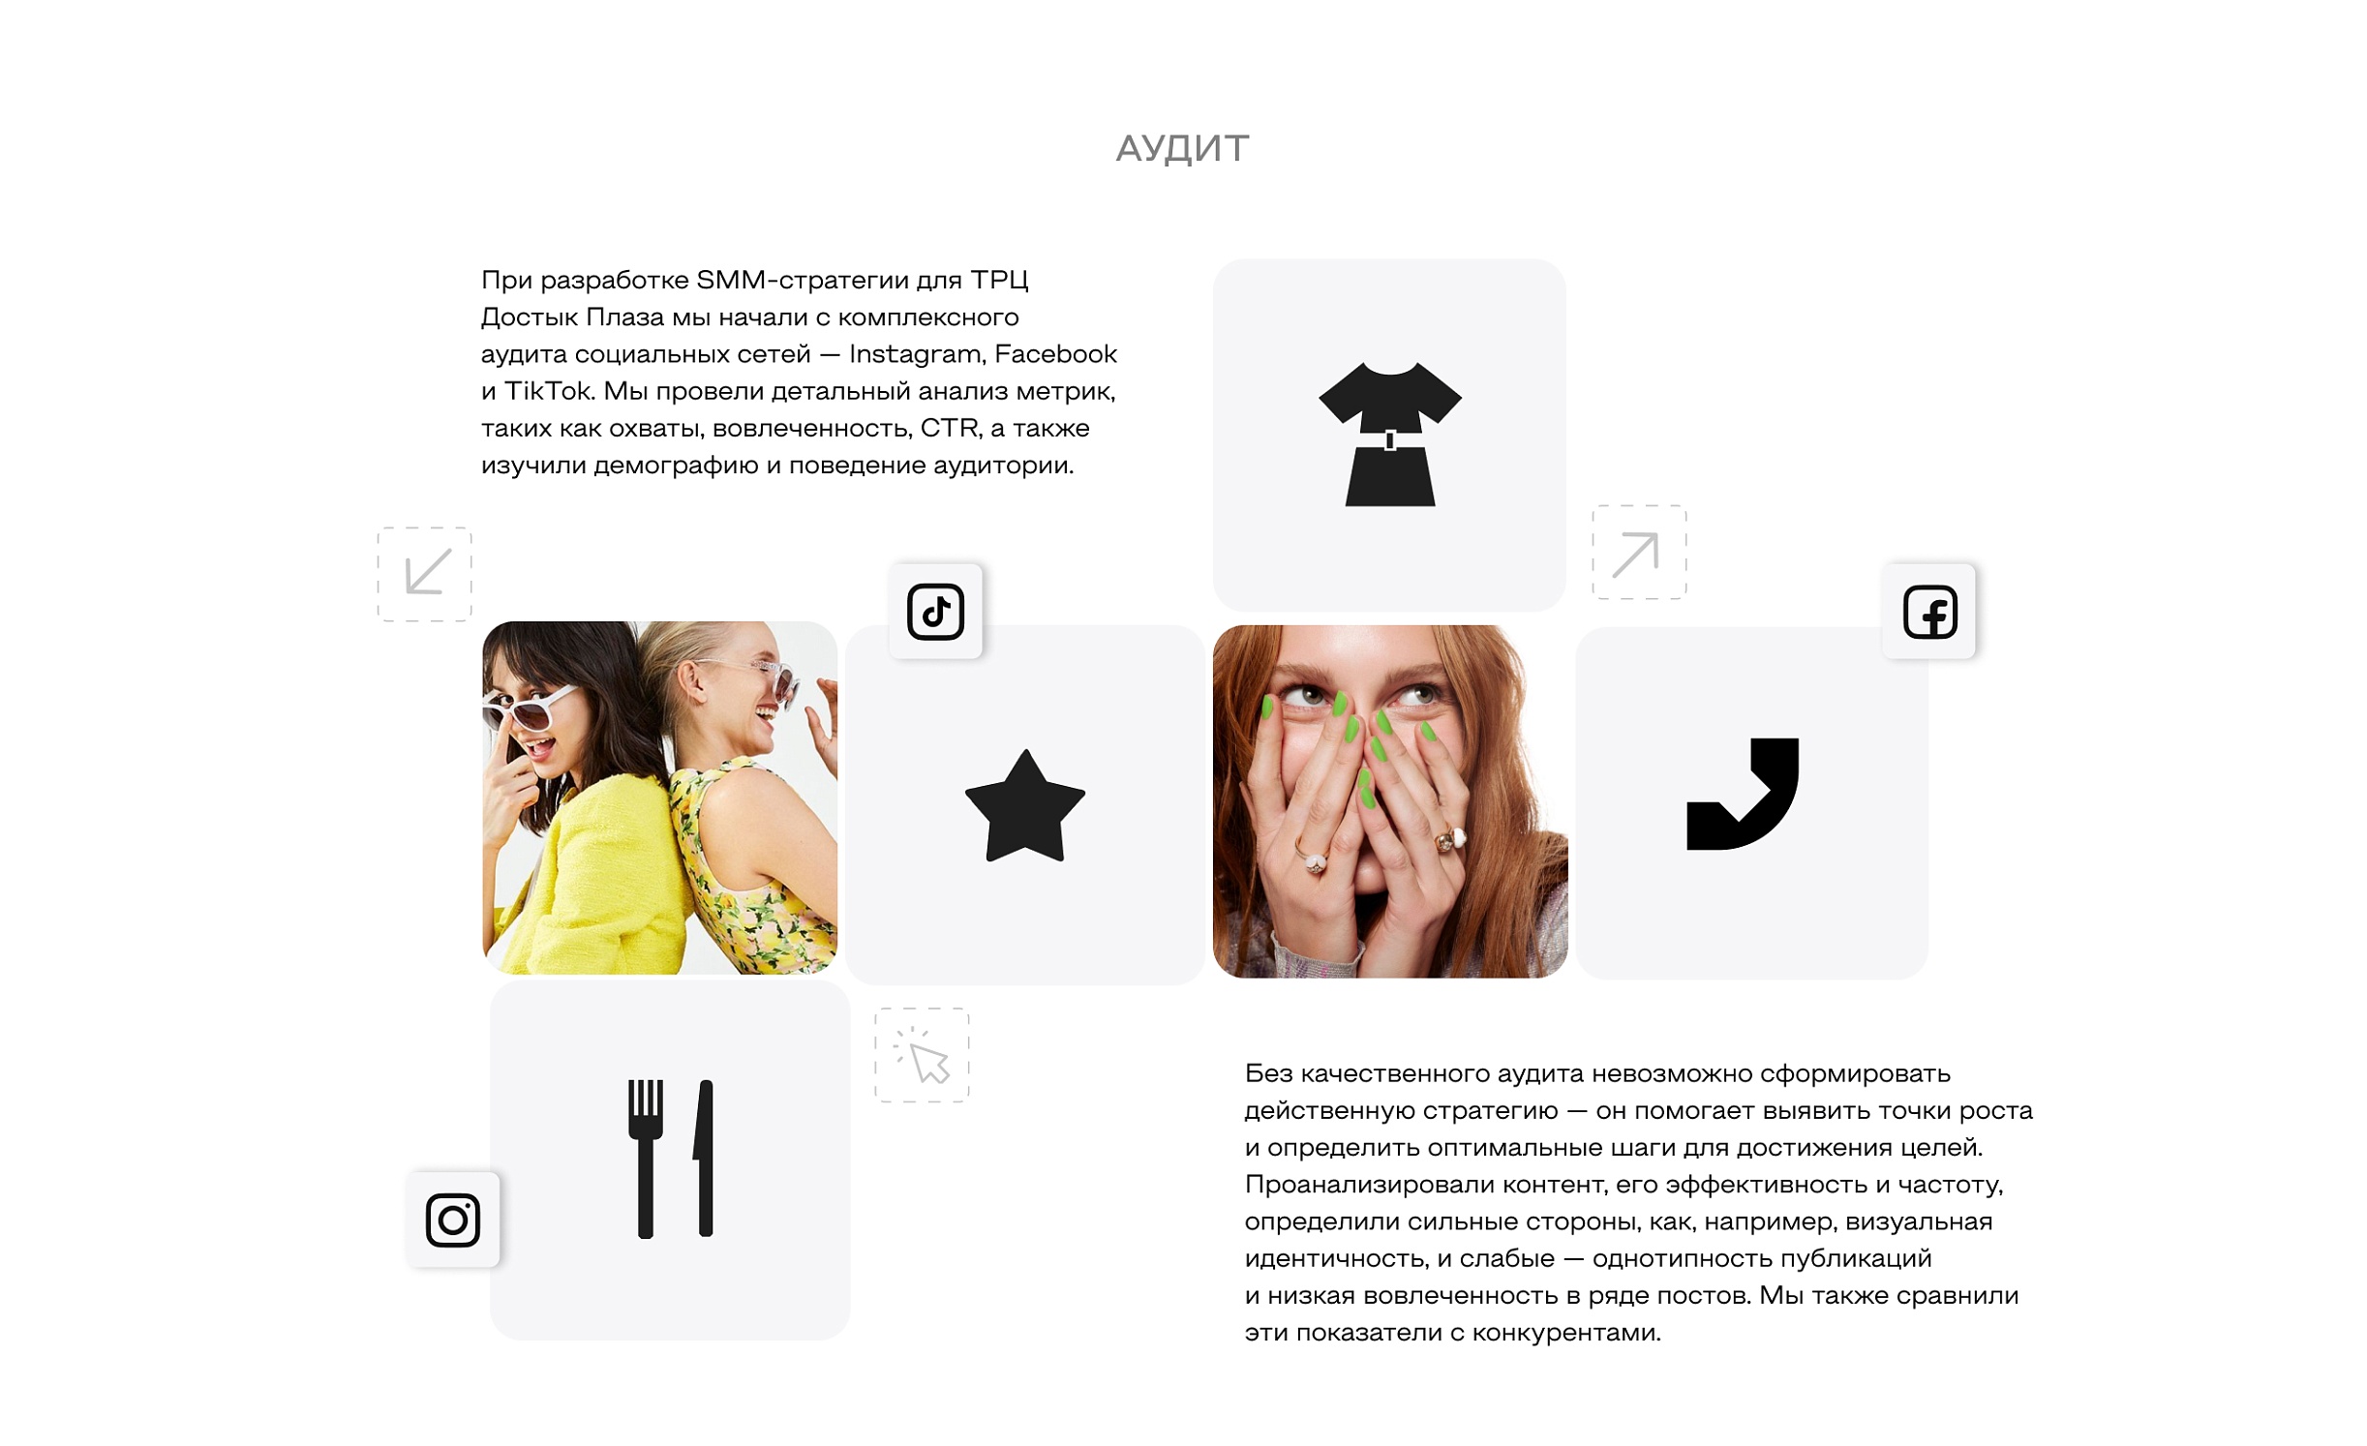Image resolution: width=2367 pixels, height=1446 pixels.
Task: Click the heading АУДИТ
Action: tap(1182, 148)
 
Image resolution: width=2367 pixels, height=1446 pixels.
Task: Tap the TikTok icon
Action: tap(935, 612)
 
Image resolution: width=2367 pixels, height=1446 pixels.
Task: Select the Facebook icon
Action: tap(1929, 612)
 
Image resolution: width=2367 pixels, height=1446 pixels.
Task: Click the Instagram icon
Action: tap(452, 1220)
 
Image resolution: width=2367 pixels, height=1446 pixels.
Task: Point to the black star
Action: tap(1024, 807)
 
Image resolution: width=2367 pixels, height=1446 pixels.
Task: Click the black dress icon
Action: tap(1389, 434)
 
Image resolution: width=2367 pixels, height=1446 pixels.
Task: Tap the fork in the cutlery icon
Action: tap(645, 1159)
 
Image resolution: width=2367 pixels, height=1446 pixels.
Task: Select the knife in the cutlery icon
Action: tap(704, 1159)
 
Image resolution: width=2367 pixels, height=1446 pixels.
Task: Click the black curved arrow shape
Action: tap(1742, 794)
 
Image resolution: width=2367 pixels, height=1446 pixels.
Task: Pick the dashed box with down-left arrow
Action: tap(424, 574)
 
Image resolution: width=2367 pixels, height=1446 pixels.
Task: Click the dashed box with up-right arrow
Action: tap(1639, 552)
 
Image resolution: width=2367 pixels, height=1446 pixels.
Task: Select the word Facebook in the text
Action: tap(1055, 354)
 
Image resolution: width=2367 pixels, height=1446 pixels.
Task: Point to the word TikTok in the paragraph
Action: tap(549, 391)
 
